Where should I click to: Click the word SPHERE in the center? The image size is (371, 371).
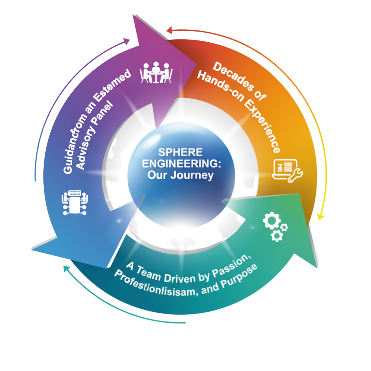tap(181, 152)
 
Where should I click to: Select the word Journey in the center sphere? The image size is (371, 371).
tap(192, 175)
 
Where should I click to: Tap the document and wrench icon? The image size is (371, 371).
tap(288, 170)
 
